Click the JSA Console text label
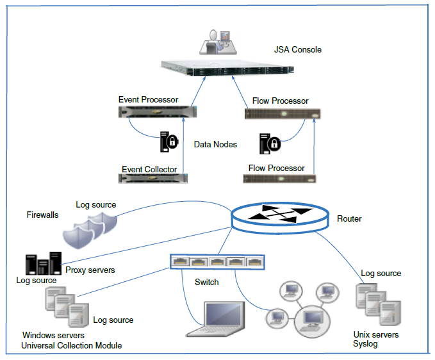(x=297, y=49)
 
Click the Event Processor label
(x=148, y=99)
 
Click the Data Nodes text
(x=215, y=145)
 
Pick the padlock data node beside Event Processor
(x=169, y=141)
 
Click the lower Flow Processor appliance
(x=283, y=178)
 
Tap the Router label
(x=349, y=219)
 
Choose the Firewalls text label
(x=42, y=215)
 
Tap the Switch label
(x=206, y=282)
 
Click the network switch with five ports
(x=217, y=262)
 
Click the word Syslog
(x=366, y=344)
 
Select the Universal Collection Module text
(x=71, y=346)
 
